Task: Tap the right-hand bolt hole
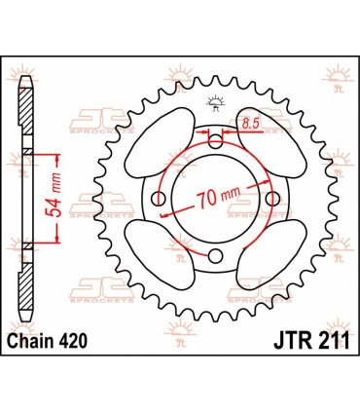click(x=271, y=201)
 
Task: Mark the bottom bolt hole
click(x=215, y=257)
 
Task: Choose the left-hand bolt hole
click(x=158, y=201)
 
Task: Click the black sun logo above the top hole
click(x=215, y=104)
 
